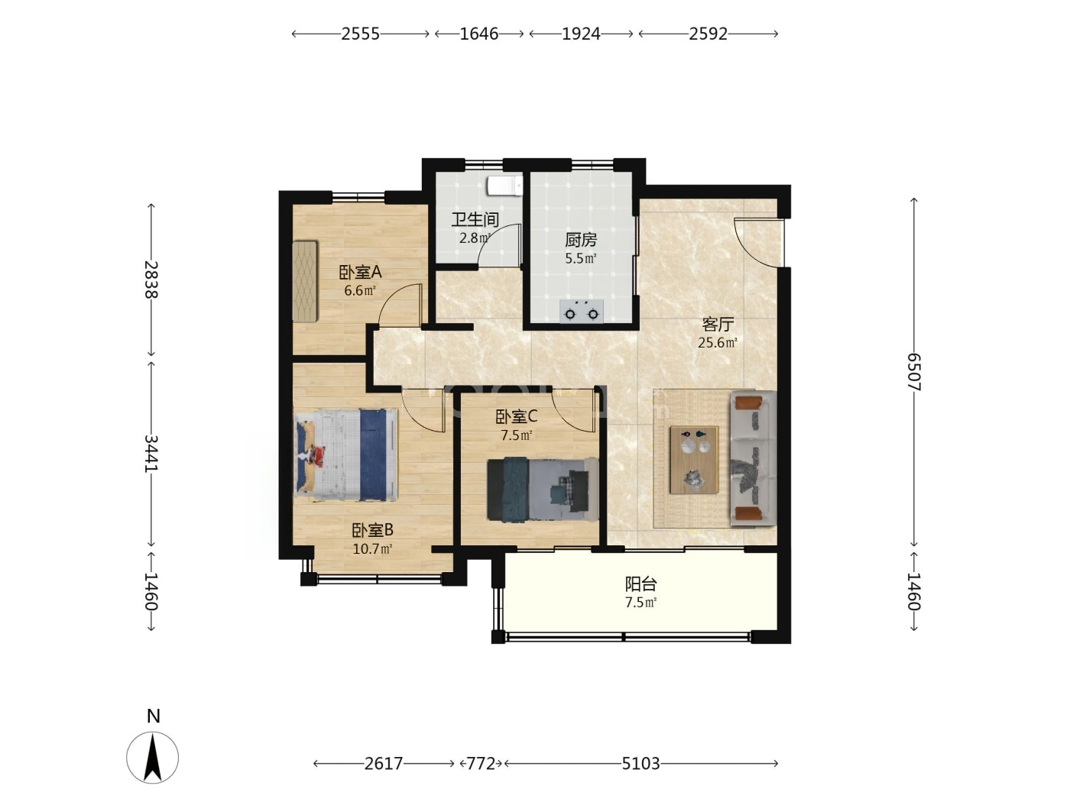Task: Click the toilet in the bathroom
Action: pyautogui.click(x=504, y=186)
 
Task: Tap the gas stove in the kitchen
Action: pyautogui.click(x=581, y=311)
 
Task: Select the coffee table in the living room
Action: pyautogui.click(x=694, y=460)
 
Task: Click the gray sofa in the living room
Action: pyautogui.click(x=753, y=458)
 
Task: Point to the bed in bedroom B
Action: pyautogui.click(x=345, y=455)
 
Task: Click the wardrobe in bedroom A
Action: pyautogui.click(x=305, y=281)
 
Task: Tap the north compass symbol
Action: pyautogui.click(x=153, y=758)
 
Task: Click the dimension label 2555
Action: pyautogui.click(x=360, y=34)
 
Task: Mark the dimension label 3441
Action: pyautogui.click(x=151, y=454)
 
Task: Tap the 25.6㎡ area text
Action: pyautogui.click(x=717, y=343)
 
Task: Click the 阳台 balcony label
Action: pyautogui.click(x=640, y=584)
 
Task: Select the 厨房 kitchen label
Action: pyautogui.click(x=581, y=240)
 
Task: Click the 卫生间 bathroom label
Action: pyautogui.click(x=475, y=220)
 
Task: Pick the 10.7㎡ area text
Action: pyautogui.click(x=372, y=549)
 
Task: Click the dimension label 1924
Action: pyautogui.click(x=581, y=34)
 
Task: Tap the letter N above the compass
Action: pyautogui.click(x=153, y=716)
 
